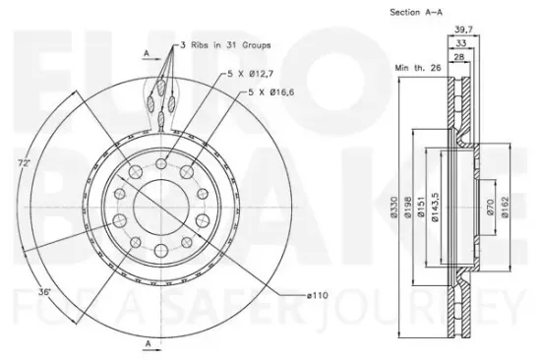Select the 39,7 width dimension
pyautogui.click(x=479, y=30)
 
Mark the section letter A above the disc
pyautogui.click(x=146, y=51)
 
